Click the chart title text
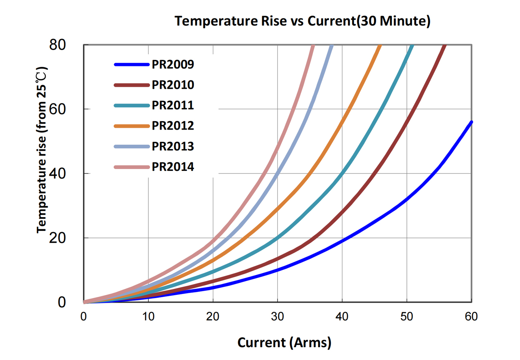click(x=302, y=22)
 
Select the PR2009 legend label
click(x=173, y=64)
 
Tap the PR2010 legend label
click(x=173, y=85)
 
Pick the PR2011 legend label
click(x=173, y=105)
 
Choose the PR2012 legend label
click(x=173, y=126)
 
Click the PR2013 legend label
click(x=173, y=146)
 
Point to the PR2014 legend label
click(x=173, y=167)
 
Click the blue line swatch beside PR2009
click(x=132, y=64)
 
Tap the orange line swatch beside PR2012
click(x=132, y=126)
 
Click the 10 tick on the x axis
click(x=148, y=317)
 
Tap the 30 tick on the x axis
click(x=278, y=317)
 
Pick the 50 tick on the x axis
click(x=407, y=317)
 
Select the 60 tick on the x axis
click(x=471, y=317)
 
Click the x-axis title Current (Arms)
click(x=284, y=342)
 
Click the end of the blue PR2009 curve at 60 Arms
click(x=471, y=122)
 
